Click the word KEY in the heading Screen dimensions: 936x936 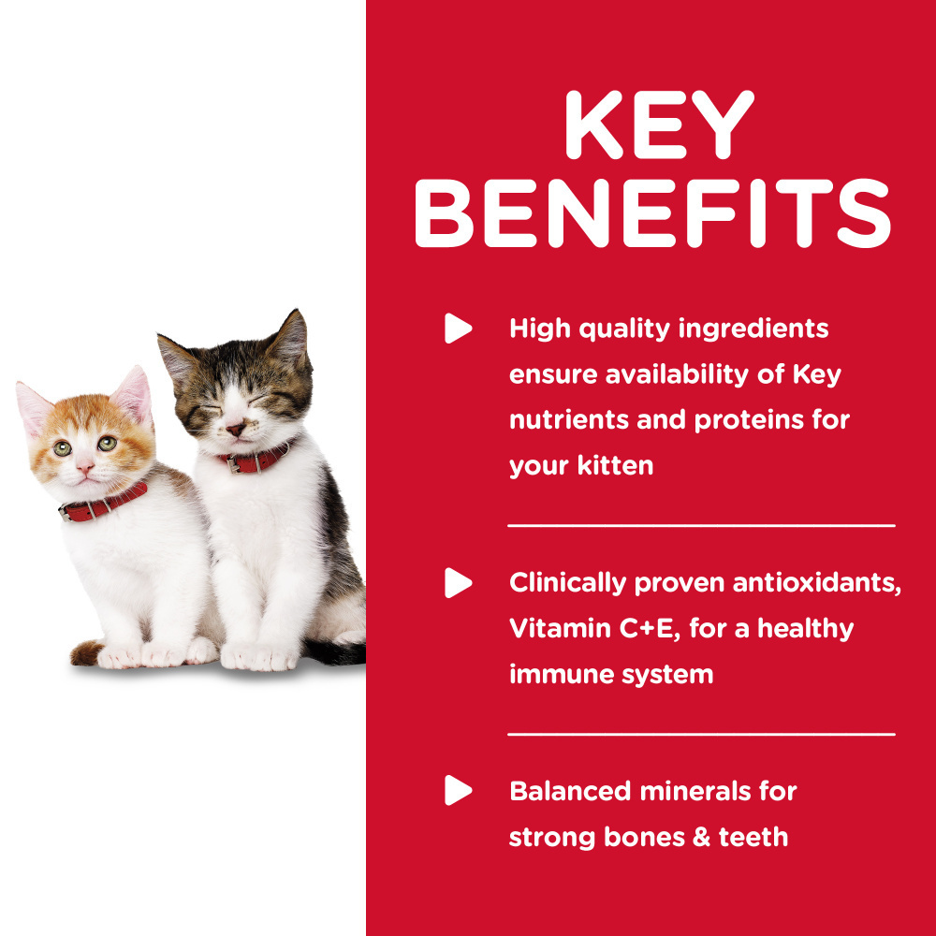click(x=660, y=124)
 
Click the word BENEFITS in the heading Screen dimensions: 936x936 click(x=652, y=215)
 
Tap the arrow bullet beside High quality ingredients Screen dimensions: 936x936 click(x=458, y=329)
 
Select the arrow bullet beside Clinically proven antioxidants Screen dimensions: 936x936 click(x=458, y=582)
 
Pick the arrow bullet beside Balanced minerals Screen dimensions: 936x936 click(x=458, y=791)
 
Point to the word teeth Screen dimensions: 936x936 click(x=753, y=836)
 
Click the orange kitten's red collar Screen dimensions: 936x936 click(x=103, y=503)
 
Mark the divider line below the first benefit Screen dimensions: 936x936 click(x=701, y=526)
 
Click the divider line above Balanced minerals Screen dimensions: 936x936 click(x=701, y=735)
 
